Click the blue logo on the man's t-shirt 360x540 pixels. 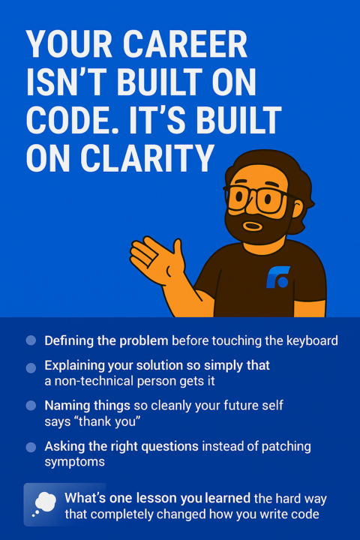tap(278, 277)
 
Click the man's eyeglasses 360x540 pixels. tap(255, 196)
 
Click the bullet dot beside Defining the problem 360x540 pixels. tap(31, 340)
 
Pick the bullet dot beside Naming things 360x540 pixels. tap(31, 405)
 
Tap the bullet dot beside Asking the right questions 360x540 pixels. tap(31, 447)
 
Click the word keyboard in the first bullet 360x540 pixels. tap(310, 340)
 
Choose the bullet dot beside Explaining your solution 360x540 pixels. tap(31, 367)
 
